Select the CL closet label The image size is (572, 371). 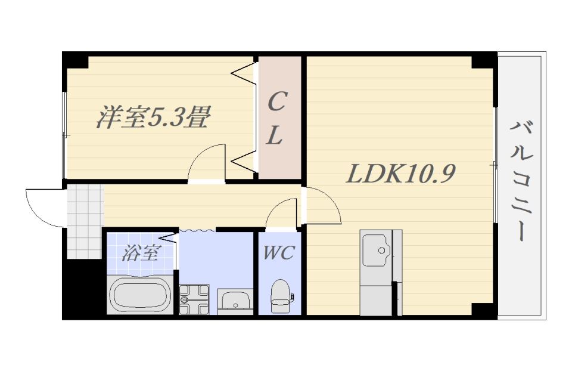pos(275,119)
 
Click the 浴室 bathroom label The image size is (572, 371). pos(140,253)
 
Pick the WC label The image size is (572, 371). pos(278,252)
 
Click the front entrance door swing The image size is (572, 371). pos(45,206)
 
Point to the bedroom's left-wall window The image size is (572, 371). pos(64,135)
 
